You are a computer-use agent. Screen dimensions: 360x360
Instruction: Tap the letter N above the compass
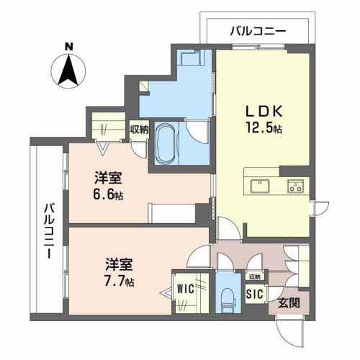click(70, 47)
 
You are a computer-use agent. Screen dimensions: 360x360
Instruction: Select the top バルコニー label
click(258, 31)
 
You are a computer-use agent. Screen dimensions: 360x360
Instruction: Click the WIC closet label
click(186, 290)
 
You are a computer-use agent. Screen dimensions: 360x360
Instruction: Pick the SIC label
click(254, 294)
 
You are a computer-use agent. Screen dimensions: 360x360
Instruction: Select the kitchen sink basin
click(258, 186)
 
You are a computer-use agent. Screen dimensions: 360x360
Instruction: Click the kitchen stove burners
click(295, 186)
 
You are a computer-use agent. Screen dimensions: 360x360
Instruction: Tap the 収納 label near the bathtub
click(139, 130)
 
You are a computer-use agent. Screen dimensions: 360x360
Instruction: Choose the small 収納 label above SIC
click(255, 276)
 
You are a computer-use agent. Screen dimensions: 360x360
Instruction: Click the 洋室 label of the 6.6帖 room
click(108, 177)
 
